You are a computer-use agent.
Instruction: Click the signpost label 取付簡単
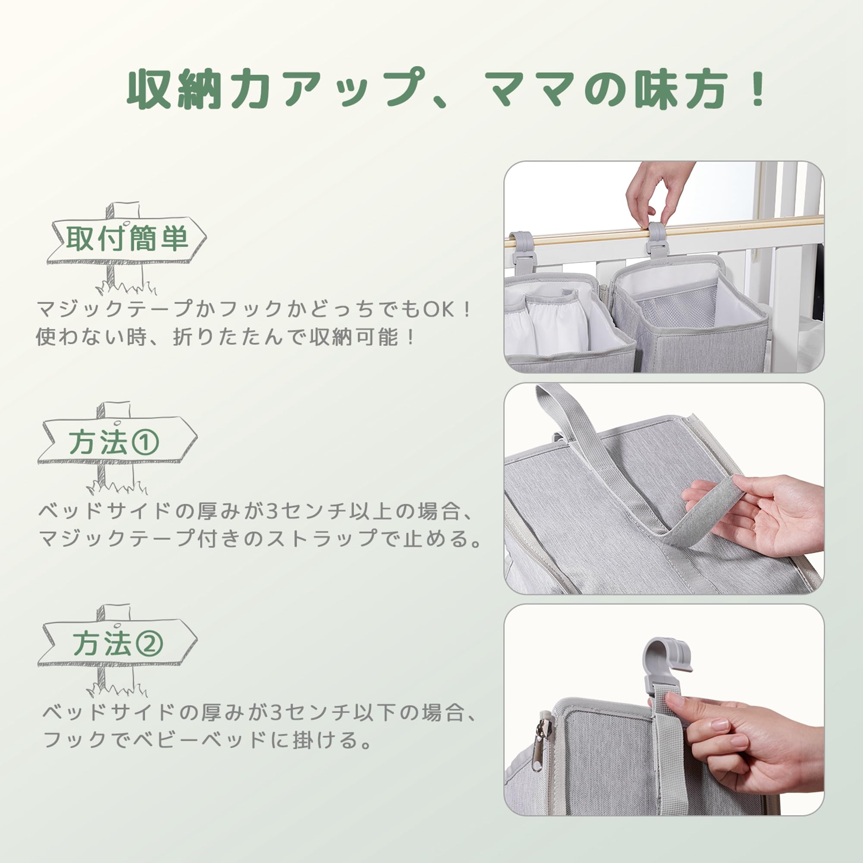[x=127, y=239]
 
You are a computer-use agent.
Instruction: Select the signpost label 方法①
[x=114, y=442]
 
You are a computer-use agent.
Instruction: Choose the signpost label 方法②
[x=118, y=643]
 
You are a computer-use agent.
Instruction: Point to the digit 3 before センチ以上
[x=272, y=511]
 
